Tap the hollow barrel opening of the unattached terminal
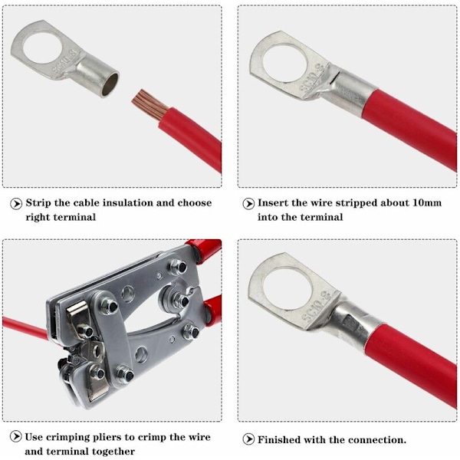110,84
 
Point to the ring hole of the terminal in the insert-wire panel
285,64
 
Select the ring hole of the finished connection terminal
285,288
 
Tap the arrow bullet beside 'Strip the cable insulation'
16,203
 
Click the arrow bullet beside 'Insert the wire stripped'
248,204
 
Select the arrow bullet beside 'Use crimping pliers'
16,436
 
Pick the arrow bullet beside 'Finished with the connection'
248,439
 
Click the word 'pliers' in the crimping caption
107,438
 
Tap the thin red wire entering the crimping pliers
25,329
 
